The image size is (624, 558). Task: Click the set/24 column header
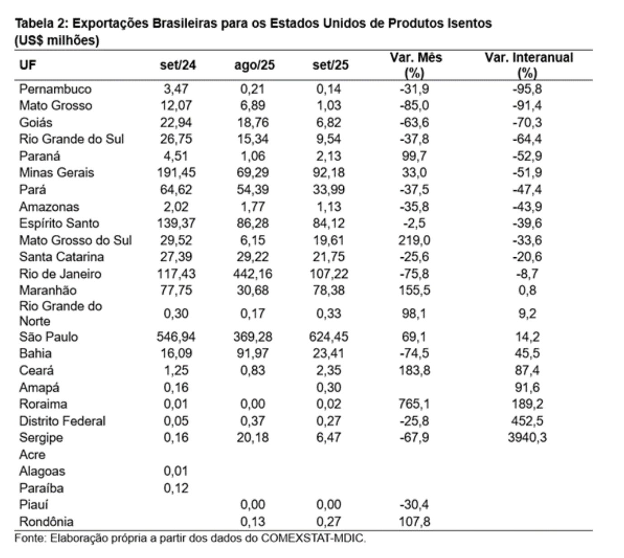[x=178, y=65]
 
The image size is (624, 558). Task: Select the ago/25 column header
[x=254, y=65]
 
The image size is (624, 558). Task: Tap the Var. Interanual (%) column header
[x=528, y=65]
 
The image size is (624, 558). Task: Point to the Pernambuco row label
[x=55, y=89]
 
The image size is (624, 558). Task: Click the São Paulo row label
[x=48, y=336]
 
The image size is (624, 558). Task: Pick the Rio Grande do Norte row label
[x=60, y=313]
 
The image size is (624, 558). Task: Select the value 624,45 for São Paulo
[x=329, y=336]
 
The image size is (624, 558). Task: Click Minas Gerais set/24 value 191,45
[x=176, y=172]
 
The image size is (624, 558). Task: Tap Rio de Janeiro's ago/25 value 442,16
[x=253, y=274]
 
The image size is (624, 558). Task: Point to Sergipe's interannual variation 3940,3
[x=527, y=437]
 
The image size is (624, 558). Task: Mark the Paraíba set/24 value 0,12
[x=176, y=488]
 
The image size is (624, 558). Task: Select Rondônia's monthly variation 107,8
[x=414, y=521]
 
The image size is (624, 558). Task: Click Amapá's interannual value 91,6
[x=527, y=388]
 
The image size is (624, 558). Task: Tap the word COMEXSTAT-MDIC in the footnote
[x=313, y=539]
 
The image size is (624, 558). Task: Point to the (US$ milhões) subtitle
[x=57, y=40]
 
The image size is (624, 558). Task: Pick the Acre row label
[x=33, y=454]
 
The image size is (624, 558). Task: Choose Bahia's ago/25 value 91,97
[x=253, y=353]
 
